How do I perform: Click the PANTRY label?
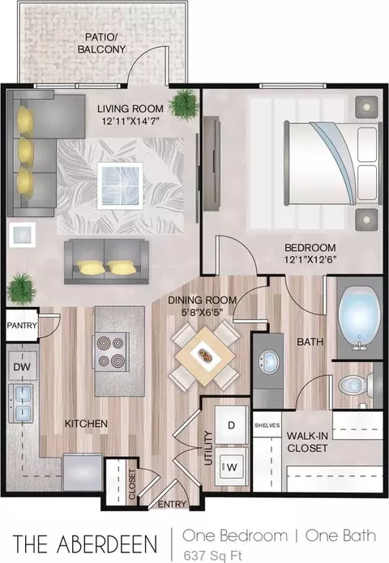[22, 326]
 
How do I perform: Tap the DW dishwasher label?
[22, 367]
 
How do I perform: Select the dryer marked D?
[231, 425]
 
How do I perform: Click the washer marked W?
[232, 467]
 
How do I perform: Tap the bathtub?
[360, 318]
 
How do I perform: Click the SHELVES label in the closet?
[267, 425]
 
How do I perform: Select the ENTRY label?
[172, 504]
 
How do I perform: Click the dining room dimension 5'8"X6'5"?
[203, 313]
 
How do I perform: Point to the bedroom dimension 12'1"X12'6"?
[310, 259]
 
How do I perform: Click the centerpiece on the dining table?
[205, 356]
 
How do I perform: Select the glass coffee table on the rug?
[120, 186]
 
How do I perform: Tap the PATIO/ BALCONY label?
[101, 43]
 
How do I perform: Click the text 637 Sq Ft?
[212, 555]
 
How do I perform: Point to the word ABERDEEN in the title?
[108, 544]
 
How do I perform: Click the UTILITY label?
[208, 448]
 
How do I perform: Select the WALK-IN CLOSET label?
[307, 442]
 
